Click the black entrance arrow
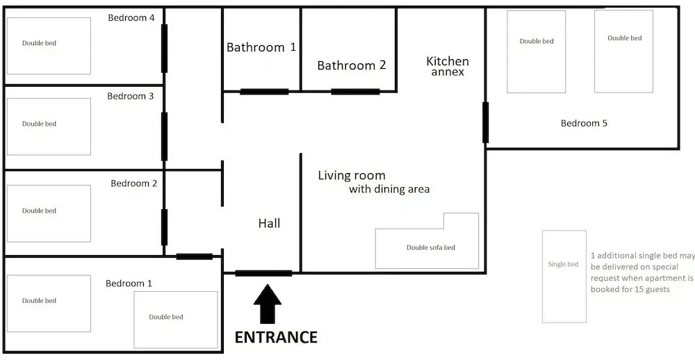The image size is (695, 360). (268, 304)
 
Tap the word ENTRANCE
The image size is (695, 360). (276, 337)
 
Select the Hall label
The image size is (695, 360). (270, 223)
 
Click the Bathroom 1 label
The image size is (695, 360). (261, 47)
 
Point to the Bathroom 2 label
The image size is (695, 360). (352, 65)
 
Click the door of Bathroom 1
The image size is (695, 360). (264, 92)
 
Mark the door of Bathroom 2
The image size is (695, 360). (355, 92)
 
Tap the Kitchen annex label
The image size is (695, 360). (448, 66)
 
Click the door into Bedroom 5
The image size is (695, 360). (485, 122)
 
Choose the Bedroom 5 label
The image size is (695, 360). (584, 123)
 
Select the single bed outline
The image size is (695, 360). (564, 276)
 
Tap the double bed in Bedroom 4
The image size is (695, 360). (49, 46)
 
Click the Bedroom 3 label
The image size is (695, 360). (131, 96)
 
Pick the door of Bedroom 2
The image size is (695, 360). (164, 227)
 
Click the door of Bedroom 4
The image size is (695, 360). (164, 49)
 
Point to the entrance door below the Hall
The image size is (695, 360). (263, 273)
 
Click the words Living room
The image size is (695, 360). (352, 176)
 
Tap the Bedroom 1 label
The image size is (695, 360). (129, 284)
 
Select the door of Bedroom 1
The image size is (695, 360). (194, 256)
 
